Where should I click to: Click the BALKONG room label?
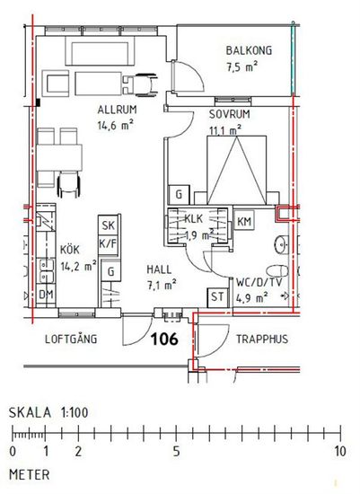[249, 50]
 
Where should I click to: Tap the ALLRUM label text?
[118, 110]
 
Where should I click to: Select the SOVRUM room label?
[230, 114]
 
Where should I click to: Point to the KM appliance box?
[244, 221]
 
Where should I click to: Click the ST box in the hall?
[217, 297]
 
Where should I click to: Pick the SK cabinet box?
[109, 225]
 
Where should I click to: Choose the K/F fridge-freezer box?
[109, 244]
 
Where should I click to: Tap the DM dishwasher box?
[46, 295]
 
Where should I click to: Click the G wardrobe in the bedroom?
[179, 194]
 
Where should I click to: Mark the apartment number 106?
[164, 339]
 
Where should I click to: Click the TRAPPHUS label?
[262, 339]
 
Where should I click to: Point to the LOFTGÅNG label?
[71, 339]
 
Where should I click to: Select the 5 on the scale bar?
[176, 451]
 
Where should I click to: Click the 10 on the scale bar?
[340, 451]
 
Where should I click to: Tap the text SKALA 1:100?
[48, 412]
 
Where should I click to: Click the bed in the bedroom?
[237, 170]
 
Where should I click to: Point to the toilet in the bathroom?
[277, 270]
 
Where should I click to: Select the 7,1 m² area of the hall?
[162, 286]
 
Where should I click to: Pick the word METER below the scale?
[30, 475]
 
